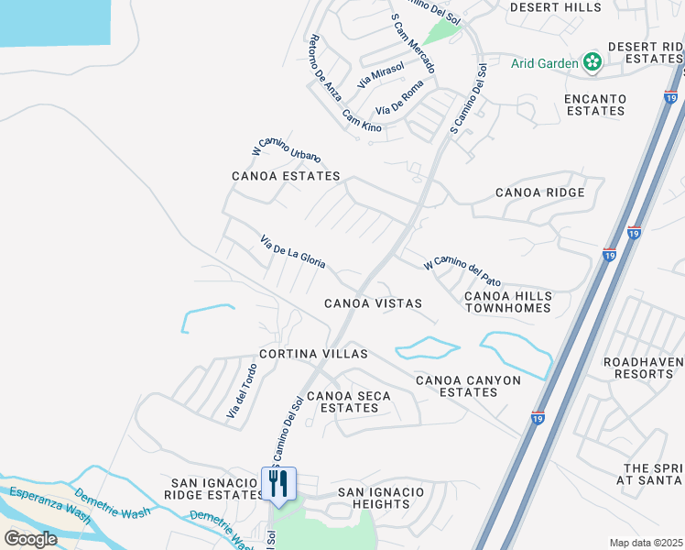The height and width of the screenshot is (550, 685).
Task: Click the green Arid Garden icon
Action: [593, 62]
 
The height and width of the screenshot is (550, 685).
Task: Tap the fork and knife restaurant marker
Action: [279, 483]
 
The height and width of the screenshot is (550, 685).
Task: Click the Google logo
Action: [30, 538]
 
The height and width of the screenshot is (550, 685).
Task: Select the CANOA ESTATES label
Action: [286, 176]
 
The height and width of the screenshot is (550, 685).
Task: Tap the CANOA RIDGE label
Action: [539, 192]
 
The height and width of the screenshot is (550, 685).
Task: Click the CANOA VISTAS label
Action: [373, 303]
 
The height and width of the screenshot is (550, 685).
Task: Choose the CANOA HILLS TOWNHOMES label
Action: [508, 302]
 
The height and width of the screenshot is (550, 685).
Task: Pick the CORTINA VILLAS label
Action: [313, 354]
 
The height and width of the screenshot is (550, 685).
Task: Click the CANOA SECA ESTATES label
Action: [348, 401]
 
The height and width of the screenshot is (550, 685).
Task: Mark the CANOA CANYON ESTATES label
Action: [468, 386]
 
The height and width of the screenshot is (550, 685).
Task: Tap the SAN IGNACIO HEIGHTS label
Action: [381, 498]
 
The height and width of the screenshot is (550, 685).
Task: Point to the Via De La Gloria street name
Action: [293, 251]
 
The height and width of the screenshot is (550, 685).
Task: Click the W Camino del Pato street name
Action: [462, 271]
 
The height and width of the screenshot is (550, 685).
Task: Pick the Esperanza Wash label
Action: [50, 504]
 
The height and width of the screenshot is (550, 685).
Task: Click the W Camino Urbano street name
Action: [286, 146]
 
